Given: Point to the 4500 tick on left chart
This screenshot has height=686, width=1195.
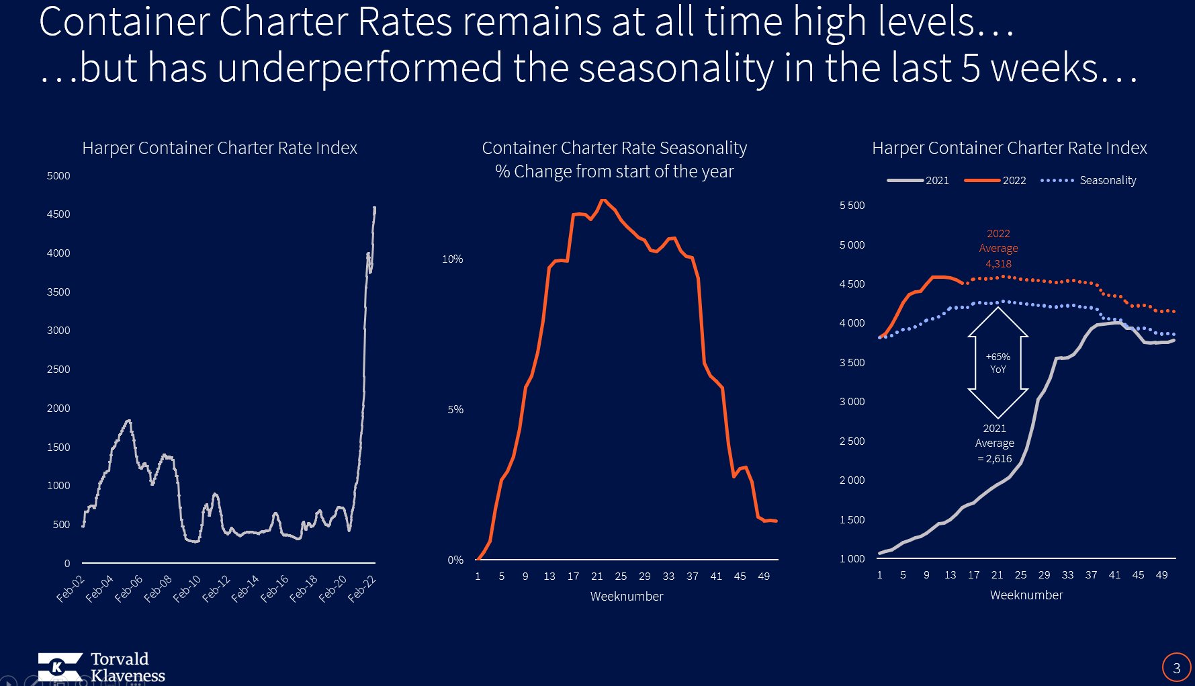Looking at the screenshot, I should tap(58, 214).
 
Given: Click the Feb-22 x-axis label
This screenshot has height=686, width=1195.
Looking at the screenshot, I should tap(362, 589).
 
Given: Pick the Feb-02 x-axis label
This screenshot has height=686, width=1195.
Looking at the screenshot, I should tap(70, 589).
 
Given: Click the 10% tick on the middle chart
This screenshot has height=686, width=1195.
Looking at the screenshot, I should tap(452, 259).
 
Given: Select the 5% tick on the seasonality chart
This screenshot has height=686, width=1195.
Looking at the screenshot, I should tap(455, 410).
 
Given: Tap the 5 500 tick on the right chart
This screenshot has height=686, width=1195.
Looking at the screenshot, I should tap(852, 206).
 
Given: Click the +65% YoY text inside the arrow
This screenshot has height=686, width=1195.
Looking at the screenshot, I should tap(998, 363).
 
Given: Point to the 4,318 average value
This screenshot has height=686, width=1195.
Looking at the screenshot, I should tap(998, 264).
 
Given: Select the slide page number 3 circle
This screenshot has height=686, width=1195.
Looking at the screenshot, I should tap(1176, 668).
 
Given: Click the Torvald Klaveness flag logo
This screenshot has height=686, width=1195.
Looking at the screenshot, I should tap(60, 667).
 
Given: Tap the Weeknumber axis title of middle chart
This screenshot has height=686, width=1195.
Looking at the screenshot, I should tap(626, 597).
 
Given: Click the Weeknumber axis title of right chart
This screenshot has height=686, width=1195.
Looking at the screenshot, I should tap(1026, 595).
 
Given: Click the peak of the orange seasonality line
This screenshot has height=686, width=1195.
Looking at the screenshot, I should tap(603, 200).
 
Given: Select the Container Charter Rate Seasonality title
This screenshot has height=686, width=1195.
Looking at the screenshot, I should tap(614, 148).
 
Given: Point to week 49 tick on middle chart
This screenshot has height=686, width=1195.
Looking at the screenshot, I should tap(764, 576).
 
